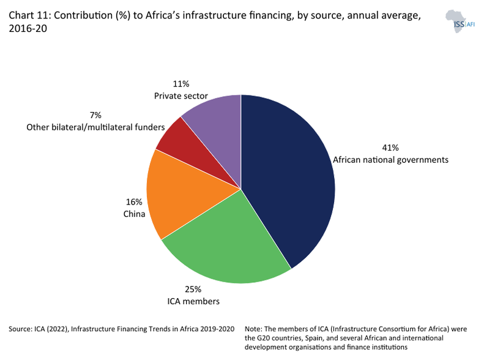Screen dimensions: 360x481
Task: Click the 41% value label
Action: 390,148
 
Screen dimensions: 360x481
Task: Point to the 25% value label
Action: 193,290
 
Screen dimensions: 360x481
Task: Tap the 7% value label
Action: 95,115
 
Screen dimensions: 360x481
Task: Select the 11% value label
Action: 181,84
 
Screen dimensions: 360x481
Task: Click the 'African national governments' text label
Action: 390,160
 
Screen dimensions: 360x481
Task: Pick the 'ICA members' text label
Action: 193,301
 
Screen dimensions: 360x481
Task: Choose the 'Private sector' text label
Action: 181,96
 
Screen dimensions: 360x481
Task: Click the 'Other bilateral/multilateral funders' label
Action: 95,127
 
